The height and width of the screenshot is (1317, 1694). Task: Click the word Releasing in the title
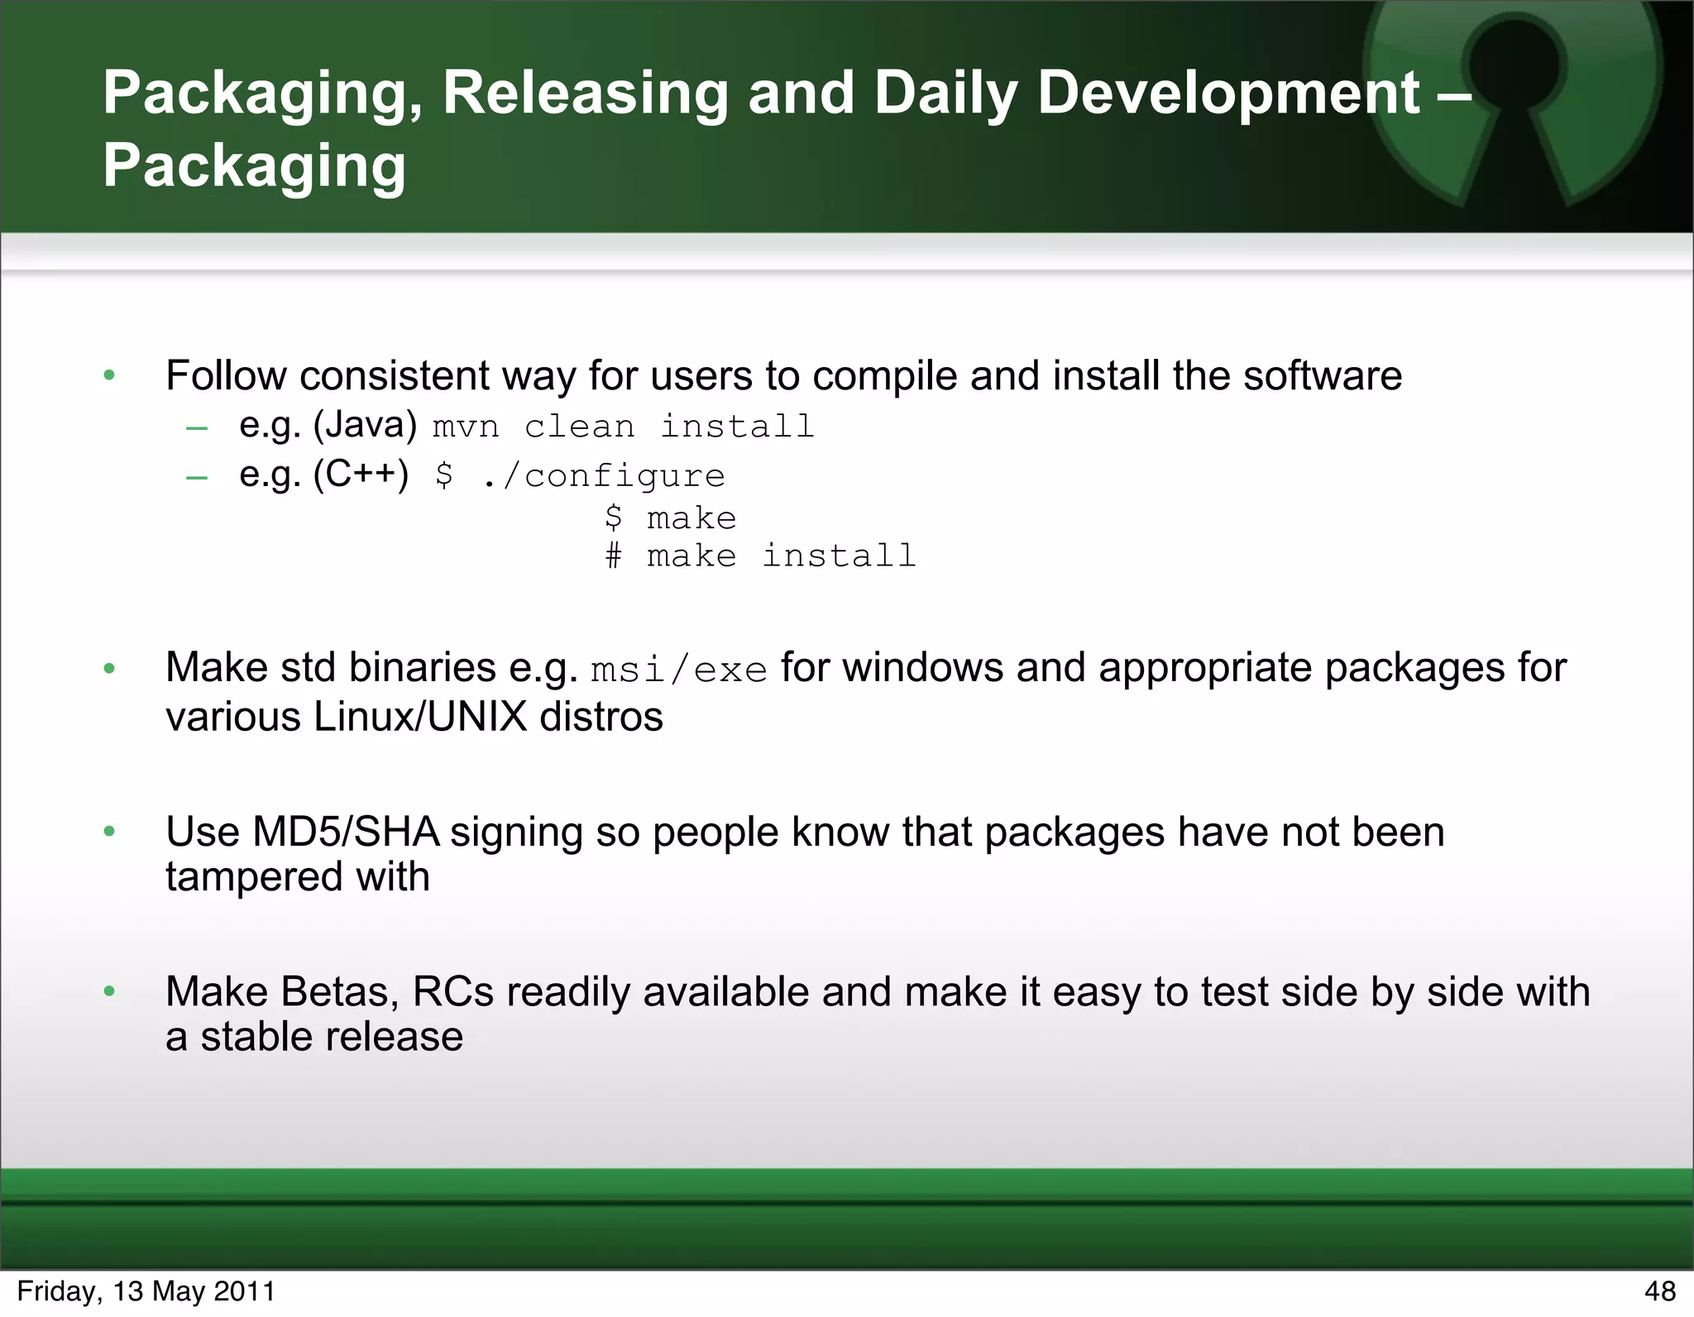[584, 93]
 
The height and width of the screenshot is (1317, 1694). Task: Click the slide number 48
[1660, 1291]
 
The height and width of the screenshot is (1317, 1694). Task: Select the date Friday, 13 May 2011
[146, 1291]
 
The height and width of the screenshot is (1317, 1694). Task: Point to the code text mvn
[466, 427]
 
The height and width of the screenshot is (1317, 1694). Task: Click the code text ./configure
[603, 475]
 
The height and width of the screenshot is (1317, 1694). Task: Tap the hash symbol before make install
[613, 556]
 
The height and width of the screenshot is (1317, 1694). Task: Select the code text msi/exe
[679, 670]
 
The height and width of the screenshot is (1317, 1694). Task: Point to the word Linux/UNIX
[420, 716]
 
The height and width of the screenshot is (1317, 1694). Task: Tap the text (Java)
[365, 425]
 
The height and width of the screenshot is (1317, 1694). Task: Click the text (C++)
[361, 475]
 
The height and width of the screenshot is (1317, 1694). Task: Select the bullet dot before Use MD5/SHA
[109, 832]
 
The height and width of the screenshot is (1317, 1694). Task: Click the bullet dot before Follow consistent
[109, 376]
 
